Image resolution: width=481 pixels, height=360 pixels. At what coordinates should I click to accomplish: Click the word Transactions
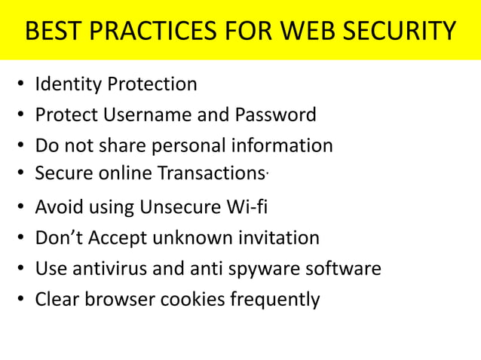click(x=212, y=173)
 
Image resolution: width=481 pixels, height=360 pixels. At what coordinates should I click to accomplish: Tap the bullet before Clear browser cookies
click(x=20, y=301)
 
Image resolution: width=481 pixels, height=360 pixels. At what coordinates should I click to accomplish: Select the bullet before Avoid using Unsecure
click(x=20, y=208)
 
